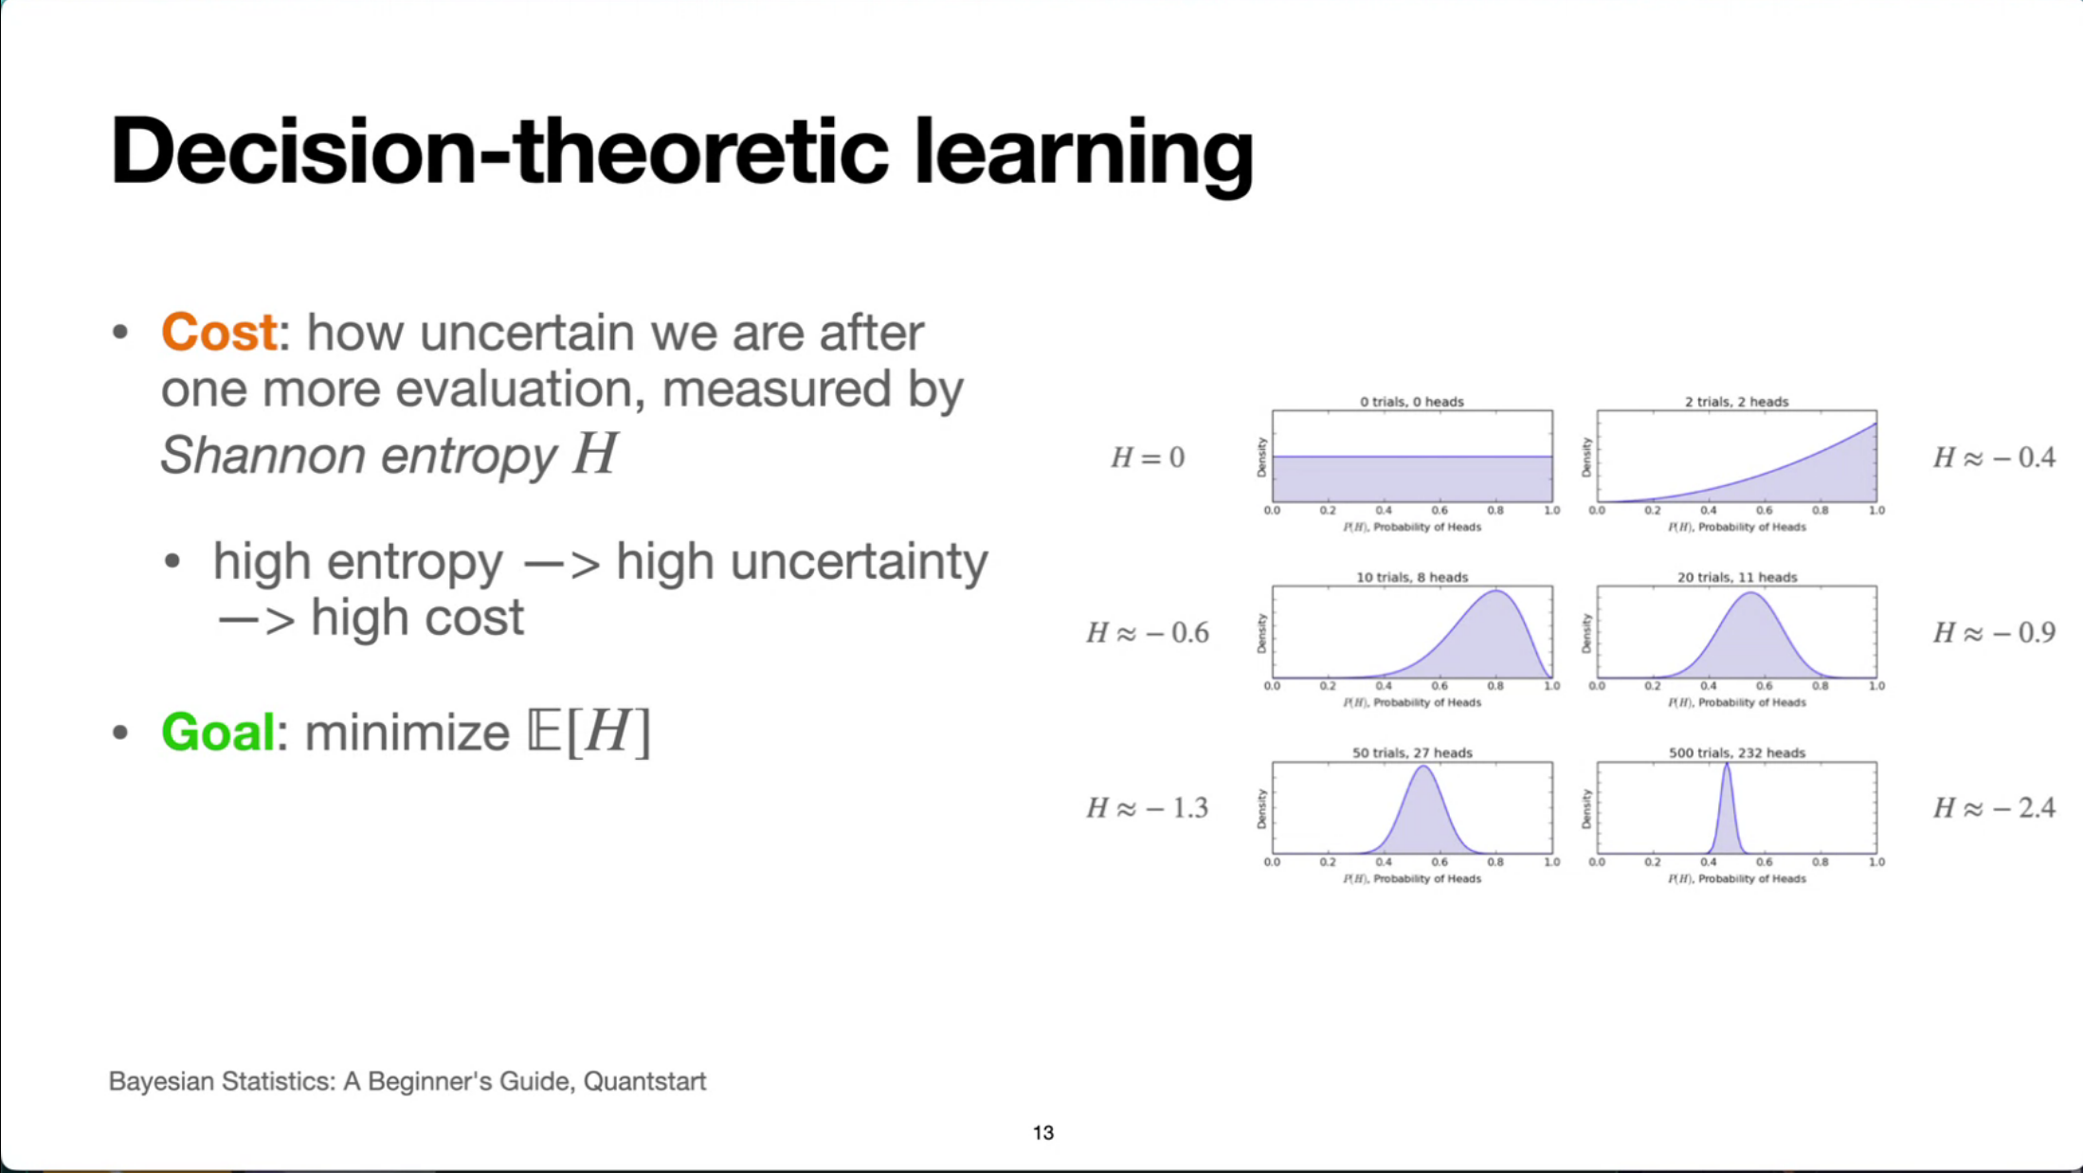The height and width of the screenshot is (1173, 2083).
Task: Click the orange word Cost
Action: (219, 333)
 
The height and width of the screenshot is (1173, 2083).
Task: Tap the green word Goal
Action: (218, 732)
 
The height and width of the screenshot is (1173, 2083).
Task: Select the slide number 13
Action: (1043, 1133)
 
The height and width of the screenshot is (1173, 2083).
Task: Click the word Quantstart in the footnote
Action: (644, 1081)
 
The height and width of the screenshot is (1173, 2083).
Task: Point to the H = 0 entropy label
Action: (1148, 458)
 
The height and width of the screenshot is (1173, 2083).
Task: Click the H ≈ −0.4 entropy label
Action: (1994, 458)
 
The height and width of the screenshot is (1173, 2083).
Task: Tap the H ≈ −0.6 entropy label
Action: (1148, 632)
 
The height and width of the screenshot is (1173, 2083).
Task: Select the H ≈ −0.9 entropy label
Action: (1994, 632)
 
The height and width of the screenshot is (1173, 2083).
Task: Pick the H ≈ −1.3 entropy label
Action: (1148, 807)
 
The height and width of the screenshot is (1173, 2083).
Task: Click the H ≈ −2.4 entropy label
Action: (1994, 807)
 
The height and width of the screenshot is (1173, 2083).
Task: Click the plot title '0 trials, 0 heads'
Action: (1412, 402)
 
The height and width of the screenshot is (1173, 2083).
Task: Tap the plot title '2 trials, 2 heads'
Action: (1737, 402)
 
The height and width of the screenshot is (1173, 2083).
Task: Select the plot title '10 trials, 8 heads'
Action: (1412, 577)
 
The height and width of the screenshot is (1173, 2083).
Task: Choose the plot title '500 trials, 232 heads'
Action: (1737, 752)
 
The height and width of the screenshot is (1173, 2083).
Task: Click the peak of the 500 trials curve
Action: (1727, 765)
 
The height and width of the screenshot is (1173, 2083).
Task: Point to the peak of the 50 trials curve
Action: (1422, 767)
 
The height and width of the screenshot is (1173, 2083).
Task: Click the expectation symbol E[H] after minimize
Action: (589, 732)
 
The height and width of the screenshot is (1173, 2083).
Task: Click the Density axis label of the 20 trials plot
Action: (1586, 633)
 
